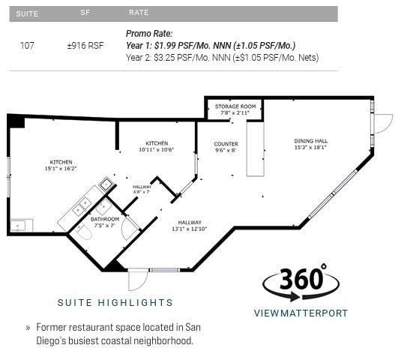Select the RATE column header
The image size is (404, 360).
pos(138,13)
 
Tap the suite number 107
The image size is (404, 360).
pos(27,46)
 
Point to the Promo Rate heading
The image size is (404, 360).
pos(149,34)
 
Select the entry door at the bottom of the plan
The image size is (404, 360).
pos(137,280)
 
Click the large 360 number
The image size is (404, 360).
pos(301,280)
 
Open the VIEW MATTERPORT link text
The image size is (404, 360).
pos(301,313)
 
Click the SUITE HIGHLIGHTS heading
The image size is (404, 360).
pos(115,303)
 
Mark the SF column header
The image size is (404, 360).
pos(85,13)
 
